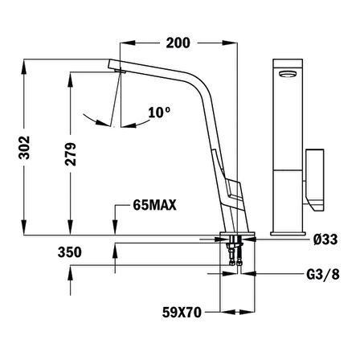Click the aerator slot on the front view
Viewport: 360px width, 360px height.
(x=286, y=72)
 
